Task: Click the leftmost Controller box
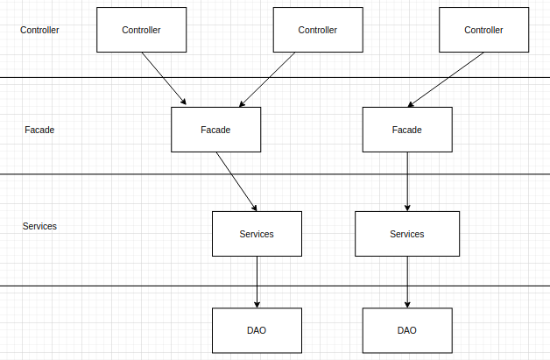pos(141,30)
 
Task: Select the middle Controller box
pos(318,30)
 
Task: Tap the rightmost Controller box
pos(483,30)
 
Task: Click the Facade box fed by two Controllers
pos(215,130)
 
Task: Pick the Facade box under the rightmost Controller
pos(407,130)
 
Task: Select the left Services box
pos(257,234)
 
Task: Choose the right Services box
pos(407,234)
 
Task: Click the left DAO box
pos(257,330)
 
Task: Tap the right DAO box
pos(407,330)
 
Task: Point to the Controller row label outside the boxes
pos(39,30)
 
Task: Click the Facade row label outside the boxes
pos(39,130)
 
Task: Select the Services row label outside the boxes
pos(39,226)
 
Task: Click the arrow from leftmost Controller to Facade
pos(164,79)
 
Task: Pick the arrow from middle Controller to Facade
pos(267,80)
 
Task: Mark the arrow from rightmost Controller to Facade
pos(446,80)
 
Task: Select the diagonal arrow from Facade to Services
pos(236,181)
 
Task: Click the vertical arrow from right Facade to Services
pos(407,181)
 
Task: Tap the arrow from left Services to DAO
pos(257,282)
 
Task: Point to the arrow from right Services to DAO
pos(407,282)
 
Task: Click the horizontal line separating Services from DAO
pos(275,286)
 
